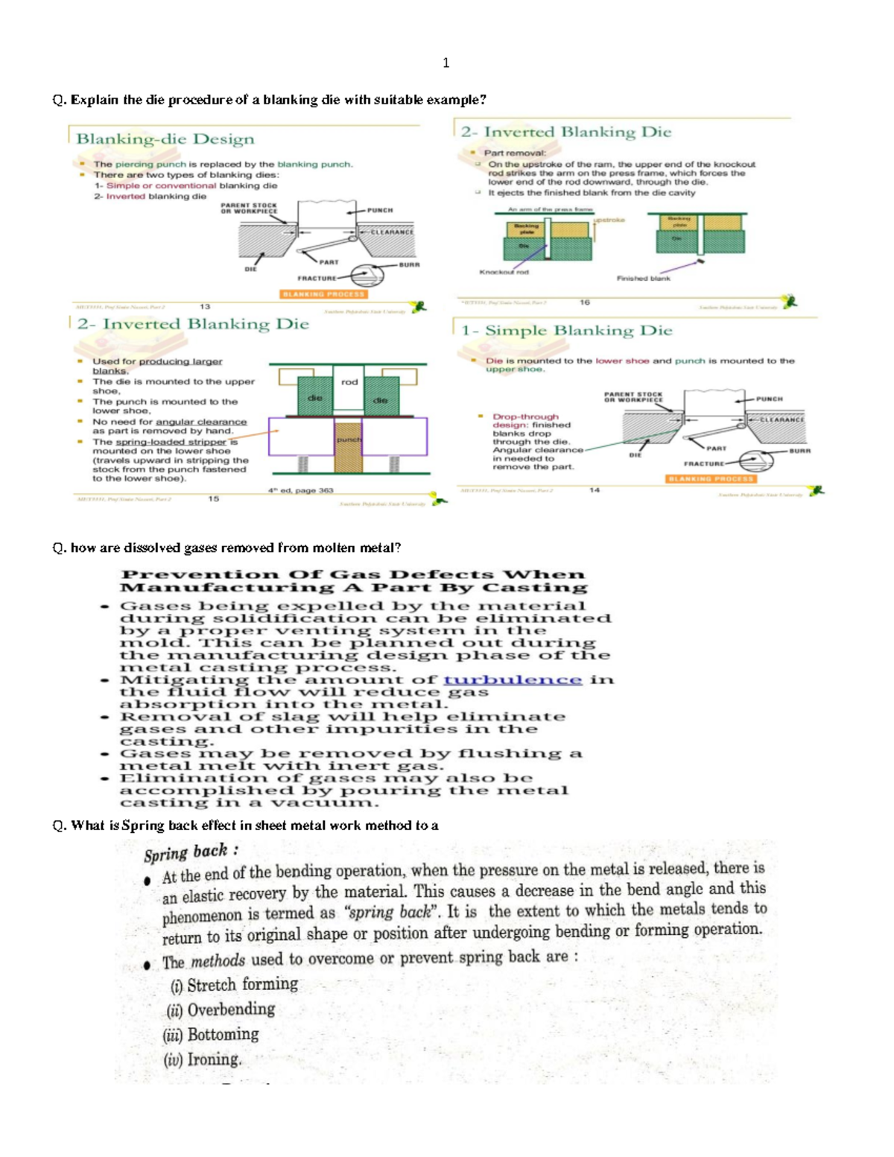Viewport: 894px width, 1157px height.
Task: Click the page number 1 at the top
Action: [x=446, y=63]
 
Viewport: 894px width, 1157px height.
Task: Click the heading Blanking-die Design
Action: [x=165, y=139]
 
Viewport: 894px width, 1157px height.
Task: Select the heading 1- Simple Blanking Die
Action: [x=566, y=330]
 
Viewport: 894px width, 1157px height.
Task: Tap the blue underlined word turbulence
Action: [x=513, y=679]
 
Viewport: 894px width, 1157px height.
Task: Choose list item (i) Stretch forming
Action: [x=234, y=985]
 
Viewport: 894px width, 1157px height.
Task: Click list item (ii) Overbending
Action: [x=221, y=1009]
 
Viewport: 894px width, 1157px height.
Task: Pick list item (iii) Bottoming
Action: [x=212, y=1035]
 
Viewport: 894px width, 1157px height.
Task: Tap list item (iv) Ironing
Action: [x=203, y=1059]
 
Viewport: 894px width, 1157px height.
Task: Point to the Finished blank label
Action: [x=643, y=278]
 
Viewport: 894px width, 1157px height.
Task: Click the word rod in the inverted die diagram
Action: [x=349, y=382]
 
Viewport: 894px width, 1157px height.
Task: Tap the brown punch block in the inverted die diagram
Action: [x=348, y=447]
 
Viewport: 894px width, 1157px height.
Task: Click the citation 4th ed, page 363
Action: [x=301, y=490]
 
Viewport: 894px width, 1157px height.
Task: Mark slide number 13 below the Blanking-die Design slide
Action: [x=205, y=306]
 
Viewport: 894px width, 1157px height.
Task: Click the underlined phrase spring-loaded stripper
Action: [x=171, y=442]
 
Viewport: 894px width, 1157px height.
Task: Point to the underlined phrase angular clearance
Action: [x=200, y=422]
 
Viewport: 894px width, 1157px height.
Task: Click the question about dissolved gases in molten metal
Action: [x=226, y=548]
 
